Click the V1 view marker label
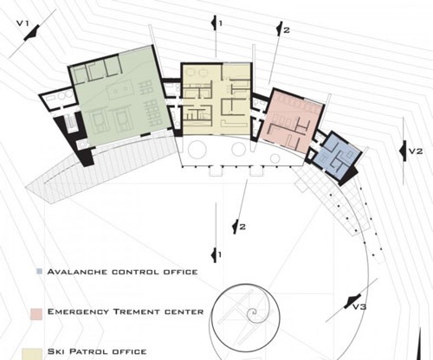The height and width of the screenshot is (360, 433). click(x=23, y=23)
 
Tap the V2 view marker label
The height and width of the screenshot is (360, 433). click(x=416, y=151)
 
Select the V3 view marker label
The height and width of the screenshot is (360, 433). click(x=359, y=306)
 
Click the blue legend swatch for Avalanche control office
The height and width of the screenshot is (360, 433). click(x=39, y=272)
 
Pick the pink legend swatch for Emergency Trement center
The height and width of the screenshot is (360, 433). click(x=36, y=314)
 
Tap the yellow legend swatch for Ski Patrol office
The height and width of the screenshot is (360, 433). click(x=32, y=354)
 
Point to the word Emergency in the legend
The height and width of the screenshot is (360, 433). click(x=78, y=312)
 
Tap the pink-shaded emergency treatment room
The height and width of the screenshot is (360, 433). click(x=292, y=121)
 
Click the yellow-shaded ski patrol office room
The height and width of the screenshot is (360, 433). click(x=216, y=100)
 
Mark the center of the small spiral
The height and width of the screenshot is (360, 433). click(x=253, y=312)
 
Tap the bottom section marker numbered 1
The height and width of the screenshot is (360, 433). click(x=216, y=254)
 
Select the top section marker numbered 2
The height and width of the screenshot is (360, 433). click(x=282, y=29)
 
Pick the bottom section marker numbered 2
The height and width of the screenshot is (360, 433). click(x=239, y=227)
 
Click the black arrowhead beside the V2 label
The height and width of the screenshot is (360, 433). click(x=404, y=151)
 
